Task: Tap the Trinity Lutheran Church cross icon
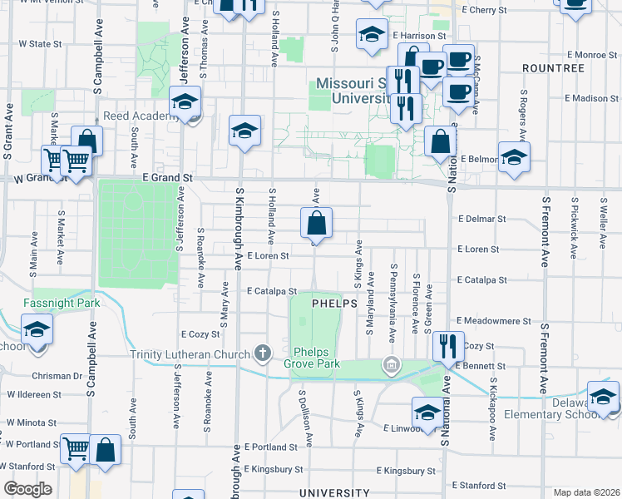[x=263, y=353]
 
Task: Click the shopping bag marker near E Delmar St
[x=316, y=224]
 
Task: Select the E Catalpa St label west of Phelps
[x=272, y=291]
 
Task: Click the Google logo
[x=27, y=489]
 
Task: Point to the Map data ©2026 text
[x=586, y=492]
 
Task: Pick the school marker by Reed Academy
[x=185, y=102]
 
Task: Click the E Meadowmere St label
[x=494, y=321]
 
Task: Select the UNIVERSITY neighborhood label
[x=333, y=493]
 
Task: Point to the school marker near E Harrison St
[x=372, y=34]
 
